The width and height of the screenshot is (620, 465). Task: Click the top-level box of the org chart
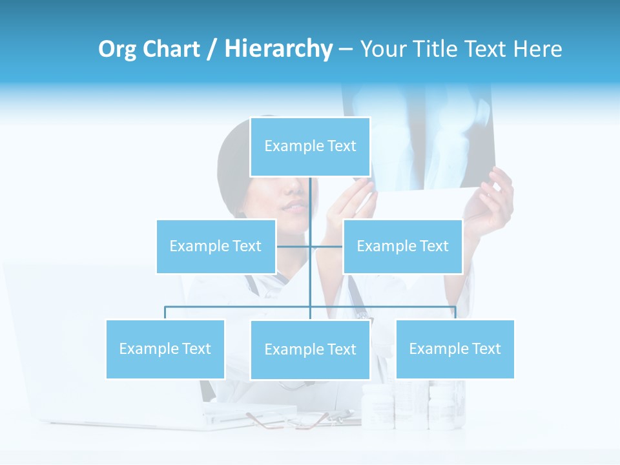pos(310,147)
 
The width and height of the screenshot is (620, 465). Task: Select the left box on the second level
pos(216,246)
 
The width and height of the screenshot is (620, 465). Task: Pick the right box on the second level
pos(402,246)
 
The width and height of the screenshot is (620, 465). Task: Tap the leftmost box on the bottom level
pos(165,349)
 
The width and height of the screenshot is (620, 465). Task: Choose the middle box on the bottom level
pos(310,349)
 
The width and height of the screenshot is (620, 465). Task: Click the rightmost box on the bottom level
pos(455,349)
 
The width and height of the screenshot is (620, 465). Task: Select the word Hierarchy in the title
pos(278,49)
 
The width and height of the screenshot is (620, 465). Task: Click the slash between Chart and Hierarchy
pos(212,50)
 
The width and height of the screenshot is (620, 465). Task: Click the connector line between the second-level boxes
pos(310,246)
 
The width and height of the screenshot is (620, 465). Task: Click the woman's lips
pos(296,206)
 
